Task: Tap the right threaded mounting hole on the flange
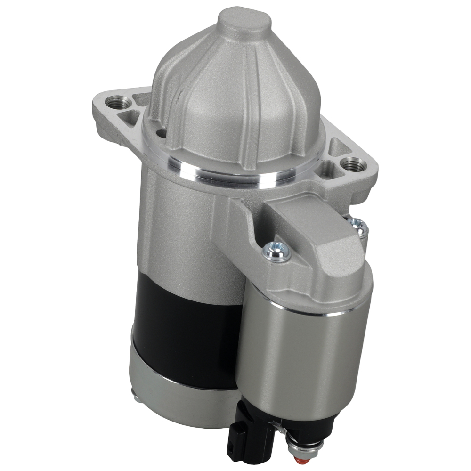(351, 165)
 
